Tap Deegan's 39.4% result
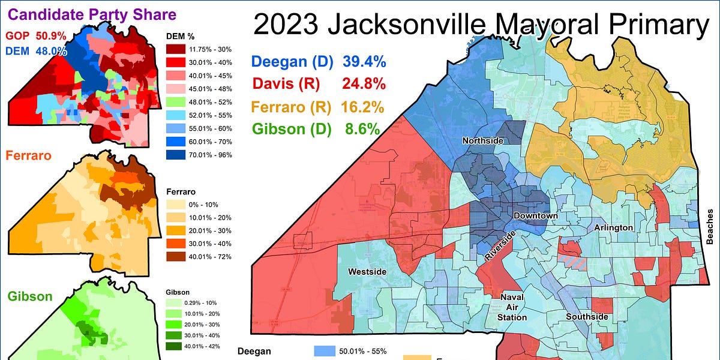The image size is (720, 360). coord(364,61)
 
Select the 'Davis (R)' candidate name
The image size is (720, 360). coord(285,84)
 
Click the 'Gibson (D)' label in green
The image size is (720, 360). coord(291,129)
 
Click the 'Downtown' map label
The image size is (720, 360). coord(535,216)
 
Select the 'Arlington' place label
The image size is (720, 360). coord(613,227)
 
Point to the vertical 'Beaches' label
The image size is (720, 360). coord(711,226)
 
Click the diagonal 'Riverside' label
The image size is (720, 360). coord(500,245)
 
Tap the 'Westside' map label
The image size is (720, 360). coord(368,272)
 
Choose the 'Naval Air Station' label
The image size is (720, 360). coord(514,307)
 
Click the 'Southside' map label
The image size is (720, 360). coord(587,316)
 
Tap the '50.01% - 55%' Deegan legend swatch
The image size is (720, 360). coord(329,351)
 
